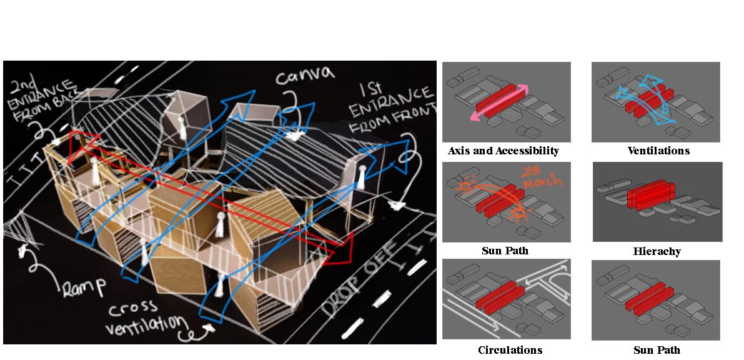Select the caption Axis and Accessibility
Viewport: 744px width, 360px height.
503,151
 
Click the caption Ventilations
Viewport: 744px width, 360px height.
658,151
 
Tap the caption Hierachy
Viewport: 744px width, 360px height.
657,251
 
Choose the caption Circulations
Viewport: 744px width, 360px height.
510,350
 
